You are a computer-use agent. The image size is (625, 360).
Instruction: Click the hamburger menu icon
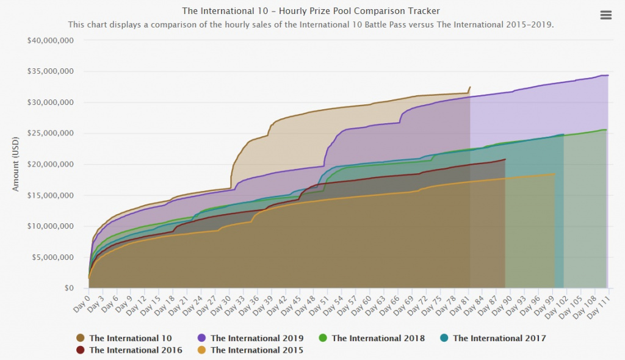pyautogui.click(x=605, y=15)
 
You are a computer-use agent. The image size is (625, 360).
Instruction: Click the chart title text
pyautogui.click(x=311, y=11)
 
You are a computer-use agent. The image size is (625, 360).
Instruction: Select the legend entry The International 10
pyautogui.click(x=130, y=338)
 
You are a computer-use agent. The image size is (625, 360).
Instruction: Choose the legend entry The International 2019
pyautogui.click(x=256, y=338)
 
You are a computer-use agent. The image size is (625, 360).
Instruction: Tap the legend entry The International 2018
pyautogui.click(x=378, y=338)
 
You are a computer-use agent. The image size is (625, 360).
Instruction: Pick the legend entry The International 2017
pyautogui.click(x=499, y=338)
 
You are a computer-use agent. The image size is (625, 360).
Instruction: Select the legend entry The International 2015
pyautogui.click(x=256, y=350)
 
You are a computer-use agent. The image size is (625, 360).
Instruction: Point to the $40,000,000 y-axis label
pyautogui.click(x=51, y=41)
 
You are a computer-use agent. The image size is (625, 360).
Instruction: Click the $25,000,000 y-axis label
pyautogui.click(x=51, y=134)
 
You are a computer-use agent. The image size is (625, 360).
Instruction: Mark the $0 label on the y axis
pyautogui.click(x=70, y=288)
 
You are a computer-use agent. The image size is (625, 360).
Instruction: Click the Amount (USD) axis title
pyautogui.click(x=17, y=165)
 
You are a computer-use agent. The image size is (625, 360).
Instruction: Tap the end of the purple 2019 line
pyautogui.click(x=608, y=75)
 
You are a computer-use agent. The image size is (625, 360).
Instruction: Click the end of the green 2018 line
pyautogui.click(x=605, y=129)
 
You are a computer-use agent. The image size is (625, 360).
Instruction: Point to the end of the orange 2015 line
pyautogui.click(x=555, y=175)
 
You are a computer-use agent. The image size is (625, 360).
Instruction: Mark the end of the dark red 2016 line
pyautogui.click(x=505, y=159)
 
